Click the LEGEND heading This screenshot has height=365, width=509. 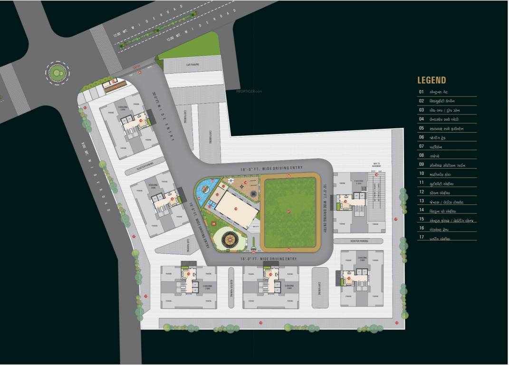click(432, 80)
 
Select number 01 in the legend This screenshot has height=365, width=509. click(421, 92)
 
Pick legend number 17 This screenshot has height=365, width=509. click(421, 238)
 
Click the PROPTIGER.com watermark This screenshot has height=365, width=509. click(249, 91)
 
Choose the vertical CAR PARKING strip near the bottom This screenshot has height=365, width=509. click(320, 288)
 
